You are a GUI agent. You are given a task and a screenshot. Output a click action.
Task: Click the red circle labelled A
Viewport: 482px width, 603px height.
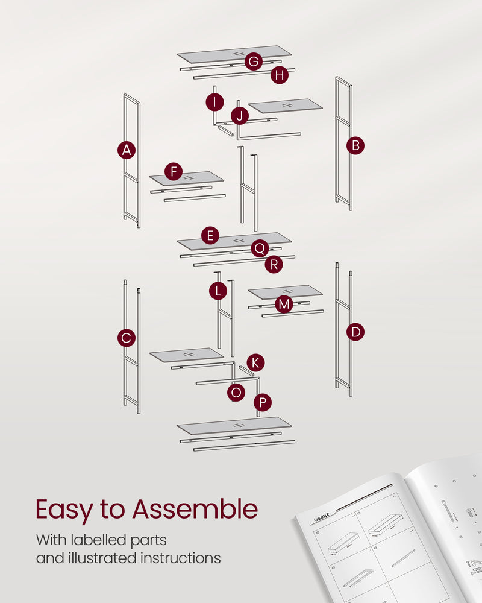pos(126,150)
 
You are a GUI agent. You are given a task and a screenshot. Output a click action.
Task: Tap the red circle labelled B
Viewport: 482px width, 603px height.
pos(355,145)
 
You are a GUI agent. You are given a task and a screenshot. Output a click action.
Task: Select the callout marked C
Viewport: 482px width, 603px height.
pos(126,338)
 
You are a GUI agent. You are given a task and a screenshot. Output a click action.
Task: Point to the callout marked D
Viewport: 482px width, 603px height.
pos(355,332)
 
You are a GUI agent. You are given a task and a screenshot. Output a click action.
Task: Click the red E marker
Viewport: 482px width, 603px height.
pos(210,235)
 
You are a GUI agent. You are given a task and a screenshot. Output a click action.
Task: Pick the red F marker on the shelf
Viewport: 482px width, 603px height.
pos(174,172)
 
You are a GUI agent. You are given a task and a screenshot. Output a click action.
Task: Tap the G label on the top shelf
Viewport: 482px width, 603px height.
pos(254,62)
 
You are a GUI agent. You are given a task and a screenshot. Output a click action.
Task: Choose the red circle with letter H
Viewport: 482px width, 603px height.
pos(279,75)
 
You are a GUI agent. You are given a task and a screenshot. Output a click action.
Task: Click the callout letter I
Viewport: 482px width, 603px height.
pos(214,102)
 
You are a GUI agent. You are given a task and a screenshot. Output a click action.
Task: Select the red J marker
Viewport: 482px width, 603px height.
pos(240,116)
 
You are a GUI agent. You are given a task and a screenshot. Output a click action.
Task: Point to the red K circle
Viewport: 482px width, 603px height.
pos(255,362)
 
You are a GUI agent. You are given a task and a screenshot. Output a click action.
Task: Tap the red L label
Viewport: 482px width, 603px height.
pos(218,291)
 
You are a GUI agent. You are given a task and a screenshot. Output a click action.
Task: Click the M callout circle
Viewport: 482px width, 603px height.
pos(284,305)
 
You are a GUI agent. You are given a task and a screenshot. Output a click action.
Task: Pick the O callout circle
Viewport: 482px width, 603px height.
pos(236,393)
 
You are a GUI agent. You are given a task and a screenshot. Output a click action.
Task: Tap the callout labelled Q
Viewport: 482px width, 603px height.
pos(260,248)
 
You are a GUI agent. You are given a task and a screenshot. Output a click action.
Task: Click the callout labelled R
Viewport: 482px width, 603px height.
pos(274,264)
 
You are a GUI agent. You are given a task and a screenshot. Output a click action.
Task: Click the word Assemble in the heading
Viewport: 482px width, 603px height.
pos(195,510)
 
